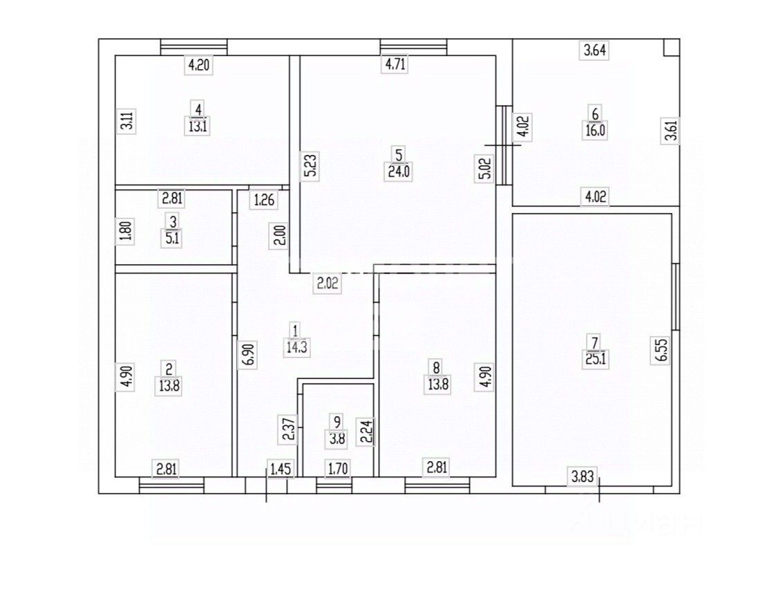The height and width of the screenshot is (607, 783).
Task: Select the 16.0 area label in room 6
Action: [x=595, y=131]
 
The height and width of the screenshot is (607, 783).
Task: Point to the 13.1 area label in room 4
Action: [x=198, y=125]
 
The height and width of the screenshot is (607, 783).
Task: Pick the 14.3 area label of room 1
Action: [x=296, y=348]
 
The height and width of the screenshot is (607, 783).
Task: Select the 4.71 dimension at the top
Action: [x=395, y=66]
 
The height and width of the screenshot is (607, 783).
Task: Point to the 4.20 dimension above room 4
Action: [x=198, y=66]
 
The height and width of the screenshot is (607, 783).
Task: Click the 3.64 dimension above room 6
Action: [x=595, y=50]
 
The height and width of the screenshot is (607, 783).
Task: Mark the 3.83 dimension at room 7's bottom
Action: [x=582, y=476]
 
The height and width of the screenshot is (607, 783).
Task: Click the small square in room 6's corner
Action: [x=670, y=47]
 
